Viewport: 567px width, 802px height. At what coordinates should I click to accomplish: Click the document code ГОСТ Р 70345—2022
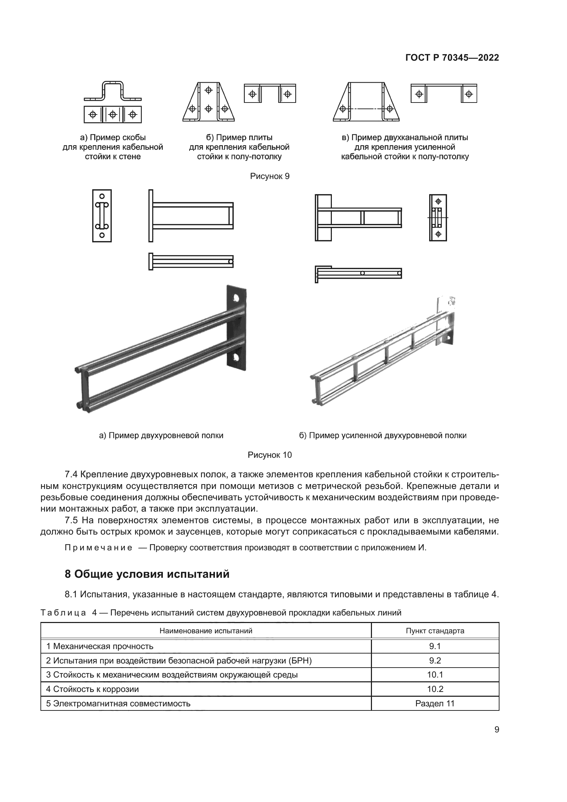click(x=452, y=58)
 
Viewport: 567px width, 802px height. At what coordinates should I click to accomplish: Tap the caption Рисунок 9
click(x=269, y=176)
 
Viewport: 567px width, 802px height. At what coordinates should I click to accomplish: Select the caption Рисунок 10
click(x=269, y=455)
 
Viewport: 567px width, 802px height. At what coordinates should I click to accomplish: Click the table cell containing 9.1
click(x=435, y=646)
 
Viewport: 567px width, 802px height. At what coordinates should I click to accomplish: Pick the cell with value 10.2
click(x=435, y=689)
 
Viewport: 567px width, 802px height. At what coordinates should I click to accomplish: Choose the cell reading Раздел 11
click(x=435, y=703)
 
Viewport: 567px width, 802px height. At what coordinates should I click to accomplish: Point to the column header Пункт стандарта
click(x=435, y=631)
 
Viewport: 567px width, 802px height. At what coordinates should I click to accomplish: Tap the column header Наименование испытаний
click(x=206, y=631)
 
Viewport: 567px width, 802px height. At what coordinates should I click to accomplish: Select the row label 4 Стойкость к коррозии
click(x=93, y=689)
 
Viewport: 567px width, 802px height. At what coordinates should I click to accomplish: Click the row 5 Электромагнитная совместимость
click(x=118, y=703)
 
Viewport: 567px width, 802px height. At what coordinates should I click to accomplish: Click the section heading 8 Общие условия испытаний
click(x=147, y=574)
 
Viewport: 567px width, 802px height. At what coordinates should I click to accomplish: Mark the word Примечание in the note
click(x=98, y=547)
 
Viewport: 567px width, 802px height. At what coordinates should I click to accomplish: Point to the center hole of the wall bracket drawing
click(x=112, y=114)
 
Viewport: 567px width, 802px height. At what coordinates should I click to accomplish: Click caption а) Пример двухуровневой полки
click(x=161, y=435)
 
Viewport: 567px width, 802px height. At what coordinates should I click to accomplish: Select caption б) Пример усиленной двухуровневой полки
click(x=383, y=435)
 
